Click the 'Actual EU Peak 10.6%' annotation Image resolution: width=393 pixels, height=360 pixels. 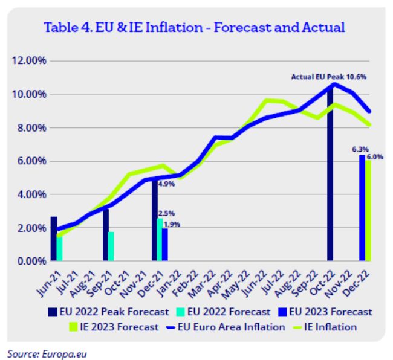coord(329,77)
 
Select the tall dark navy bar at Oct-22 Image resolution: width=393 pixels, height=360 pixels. coord(331,175)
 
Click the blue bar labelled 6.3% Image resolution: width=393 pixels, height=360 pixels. coord(362,208)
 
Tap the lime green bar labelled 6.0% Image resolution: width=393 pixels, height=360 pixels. coord(369,211)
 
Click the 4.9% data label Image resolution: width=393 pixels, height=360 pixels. coord(166,184)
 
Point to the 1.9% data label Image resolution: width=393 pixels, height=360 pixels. coord(172,225)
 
